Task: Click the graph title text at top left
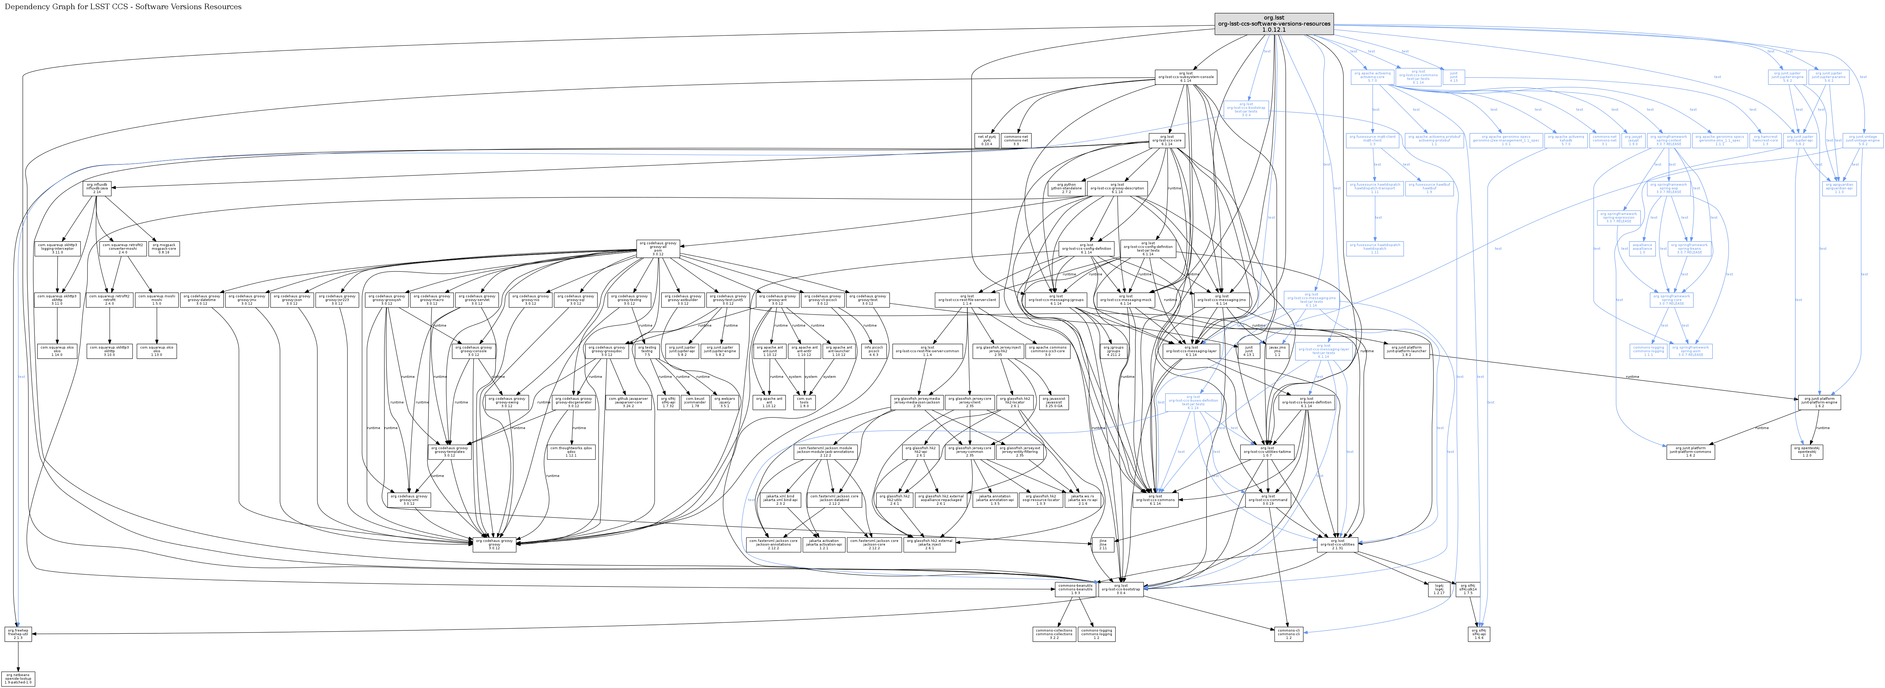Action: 123,7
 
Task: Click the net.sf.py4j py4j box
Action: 985,141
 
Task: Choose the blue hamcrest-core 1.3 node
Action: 1765,141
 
